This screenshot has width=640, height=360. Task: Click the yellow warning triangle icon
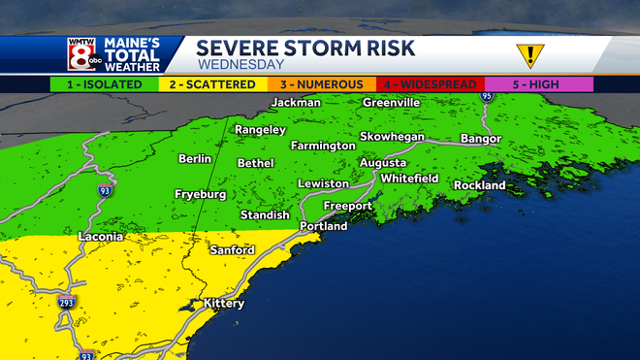[x=528, y=54]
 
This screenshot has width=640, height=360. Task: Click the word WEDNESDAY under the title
[x=240, y=65]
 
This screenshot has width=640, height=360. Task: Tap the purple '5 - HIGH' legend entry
[x=536, y=84]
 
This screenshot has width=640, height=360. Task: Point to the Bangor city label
[x=480, y=139]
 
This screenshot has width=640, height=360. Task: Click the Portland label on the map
[x=323, y=226]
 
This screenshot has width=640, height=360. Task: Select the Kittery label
[x=224, y=304]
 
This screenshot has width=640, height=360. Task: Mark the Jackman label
[x=296, y=103]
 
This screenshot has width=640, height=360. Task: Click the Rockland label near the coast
[x=479, y=184]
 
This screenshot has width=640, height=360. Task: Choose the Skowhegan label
[x=392, y=137]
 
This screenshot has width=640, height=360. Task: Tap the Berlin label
[x=195, y=158]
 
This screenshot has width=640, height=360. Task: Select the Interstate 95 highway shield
[x=487, y=96]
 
